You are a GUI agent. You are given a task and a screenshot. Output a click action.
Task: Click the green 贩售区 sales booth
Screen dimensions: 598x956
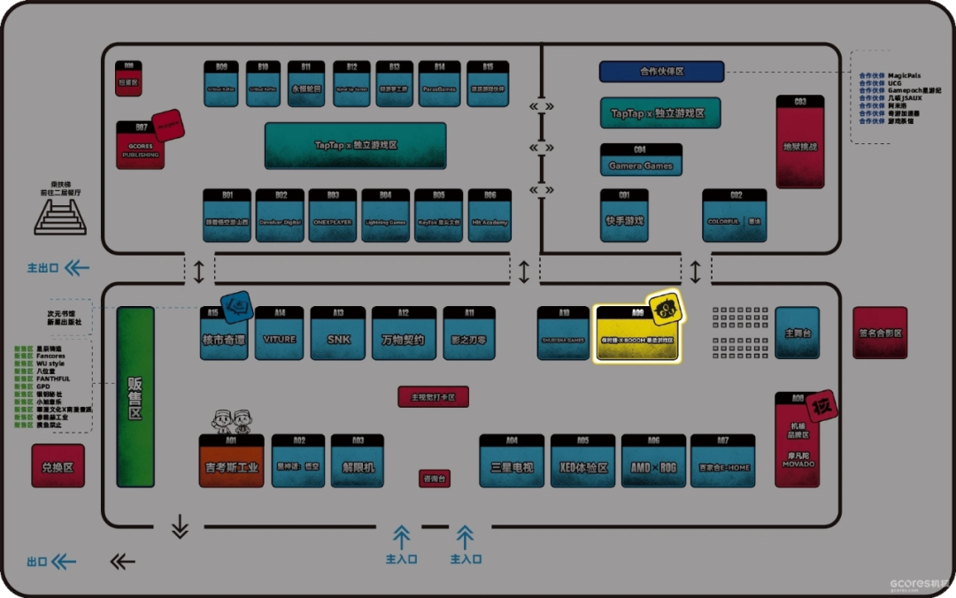(x=135, y=397)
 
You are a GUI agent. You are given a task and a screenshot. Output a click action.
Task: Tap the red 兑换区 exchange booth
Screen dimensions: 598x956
(x=58, y=466)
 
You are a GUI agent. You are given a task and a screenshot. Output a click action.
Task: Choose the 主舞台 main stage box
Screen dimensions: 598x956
(x=797, y=333)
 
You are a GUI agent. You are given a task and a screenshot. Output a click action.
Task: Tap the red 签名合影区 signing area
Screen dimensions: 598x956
(x=880, y=333)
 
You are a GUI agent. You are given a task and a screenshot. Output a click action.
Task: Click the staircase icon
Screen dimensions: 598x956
(x=60, y=216)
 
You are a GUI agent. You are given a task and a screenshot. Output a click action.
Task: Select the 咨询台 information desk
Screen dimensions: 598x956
(x=435, y=479)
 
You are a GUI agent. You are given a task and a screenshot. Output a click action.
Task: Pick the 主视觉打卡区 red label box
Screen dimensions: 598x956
(x=433, y=398)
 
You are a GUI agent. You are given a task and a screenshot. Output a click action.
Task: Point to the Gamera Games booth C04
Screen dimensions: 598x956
(x=641, y=160)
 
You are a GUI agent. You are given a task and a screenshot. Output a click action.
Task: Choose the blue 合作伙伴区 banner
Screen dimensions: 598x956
(x=661, y=72)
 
